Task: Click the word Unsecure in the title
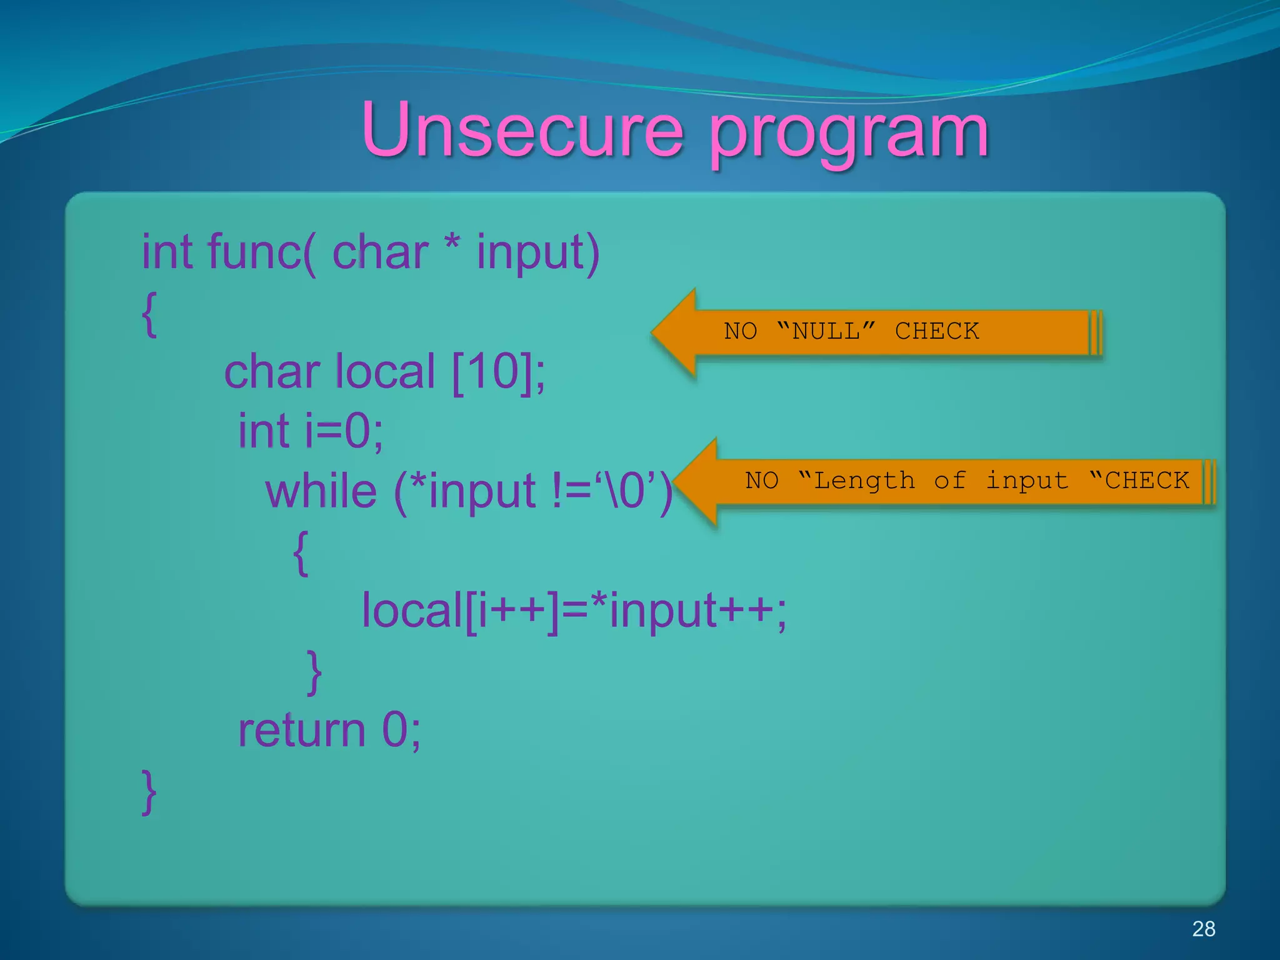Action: pyautogui.click(x=522, y=130)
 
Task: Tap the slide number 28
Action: pyautogui.click(x=1203, y=929)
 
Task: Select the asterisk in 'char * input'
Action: pyautogui.click(x=452, y=245)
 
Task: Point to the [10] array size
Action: pyautogui.click(x=491, y=371)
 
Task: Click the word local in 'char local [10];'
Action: pyautogui.click(x=385, y=371)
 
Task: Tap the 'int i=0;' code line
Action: pyautogui.click(x=311, y=431)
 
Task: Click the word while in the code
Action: pyautogui.click(x=321, y=491)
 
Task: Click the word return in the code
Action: pyautogui.click(x=302, y=730)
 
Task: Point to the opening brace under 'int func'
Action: pyautogui.click(x=149, y=314)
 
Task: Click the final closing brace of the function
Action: pyautogui.click(x=149, y=792)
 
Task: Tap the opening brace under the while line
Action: pyautogui.click(x=301, y=552)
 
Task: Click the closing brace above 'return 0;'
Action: pyautogui.click(x=314, y=672)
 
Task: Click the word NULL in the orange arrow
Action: pyautogui.click(x=826, y=331)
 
